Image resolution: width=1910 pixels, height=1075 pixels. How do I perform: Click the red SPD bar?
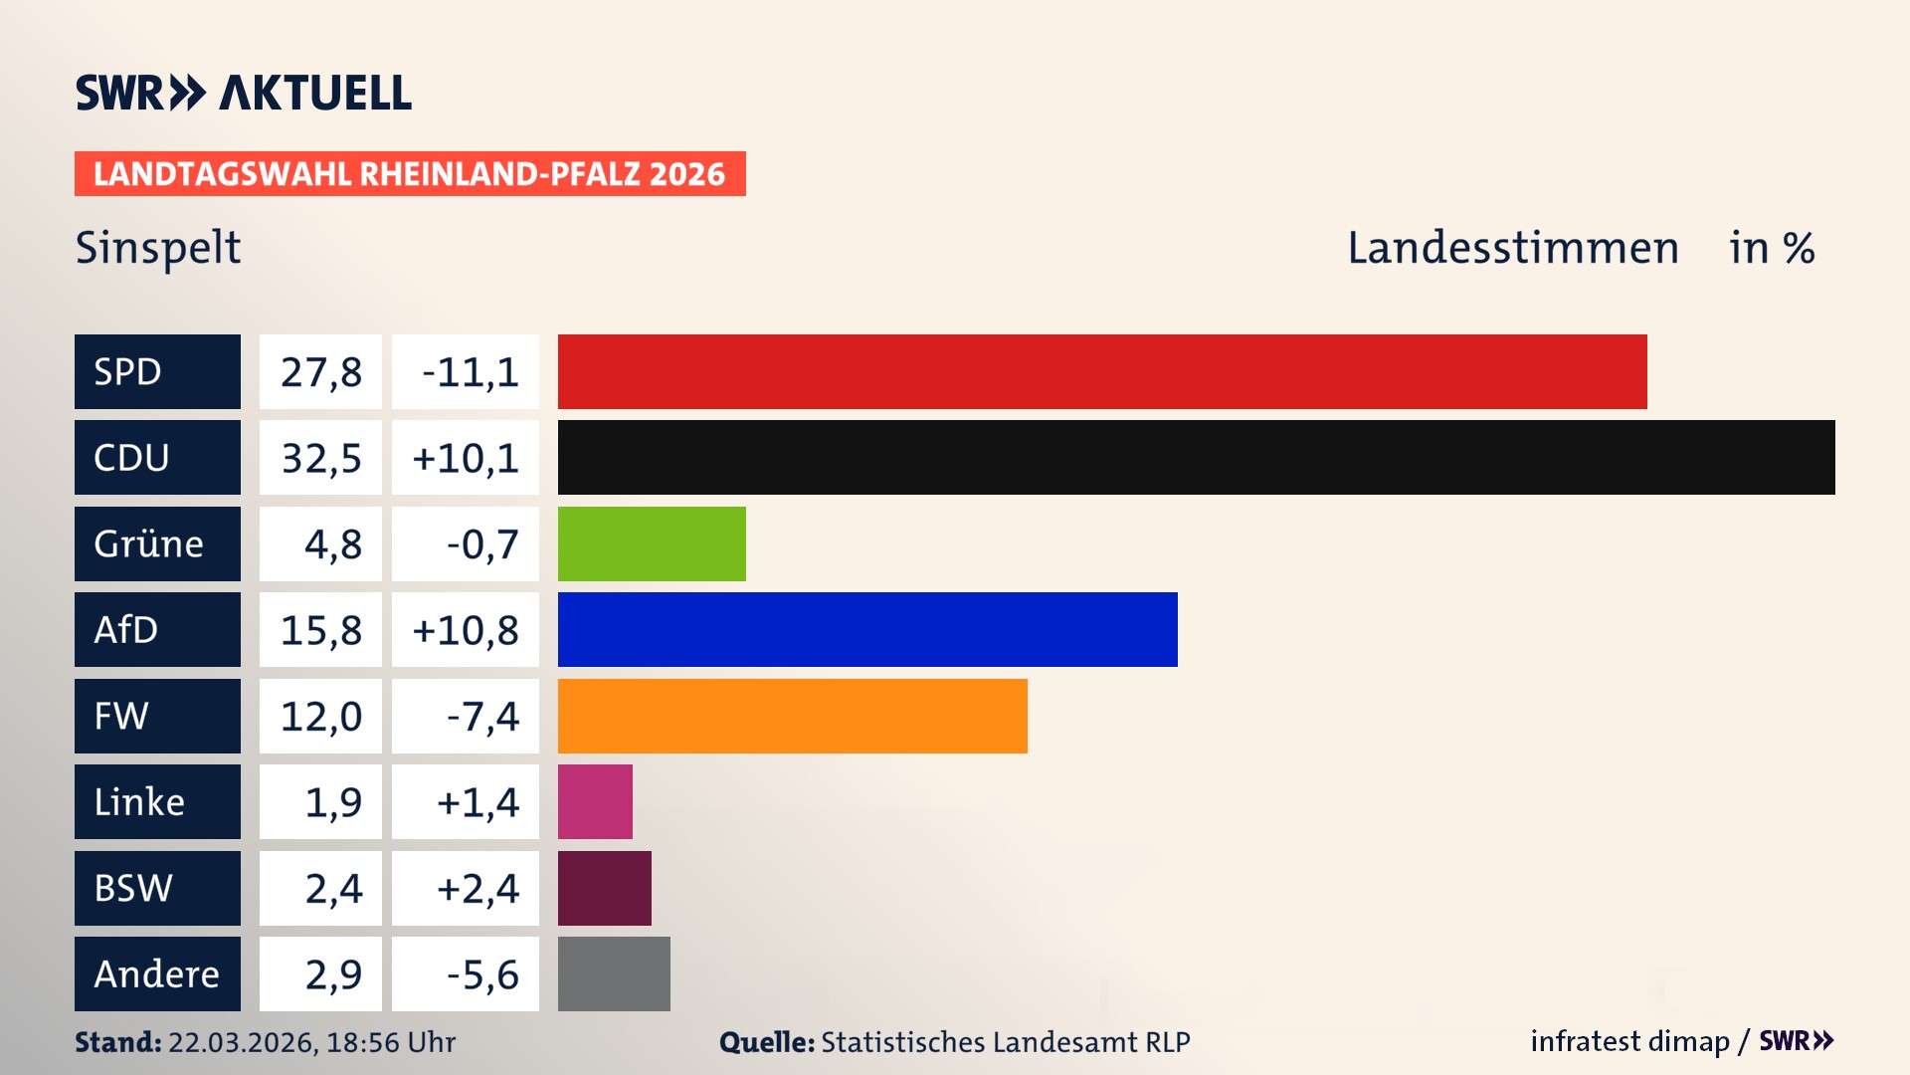click(1102, 371)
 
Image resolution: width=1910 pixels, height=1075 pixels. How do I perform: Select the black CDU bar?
click(1196, 457)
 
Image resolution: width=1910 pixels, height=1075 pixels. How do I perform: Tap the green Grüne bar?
click(652, 543)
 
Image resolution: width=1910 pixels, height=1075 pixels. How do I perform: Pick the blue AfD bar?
click(867, 629)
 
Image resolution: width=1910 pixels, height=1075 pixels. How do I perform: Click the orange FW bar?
click(792, 716)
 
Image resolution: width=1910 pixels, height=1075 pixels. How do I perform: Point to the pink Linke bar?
click(595, 801)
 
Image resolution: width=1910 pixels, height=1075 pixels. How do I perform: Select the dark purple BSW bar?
click(605, 888)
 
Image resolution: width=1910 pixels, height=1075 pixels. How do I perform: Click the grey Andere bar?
click(614, 973)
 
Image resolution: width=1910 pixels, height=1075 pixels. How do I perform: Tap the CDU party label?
click(157, 457)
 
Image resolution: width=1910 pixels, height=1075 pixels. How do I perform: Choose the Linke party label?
click(157, 801)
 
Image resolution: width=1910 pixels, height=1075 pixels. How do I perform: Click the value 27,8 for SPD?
click(320, 372)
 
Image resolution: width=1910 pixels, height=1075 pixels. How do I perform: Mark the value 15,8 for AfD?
click(320, 630)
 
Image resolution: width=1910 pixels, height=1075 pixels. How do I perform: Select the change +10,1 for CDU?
click(465, 458)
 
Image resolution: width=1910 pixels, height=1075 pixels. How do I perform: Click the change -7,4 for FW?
click(481, 716)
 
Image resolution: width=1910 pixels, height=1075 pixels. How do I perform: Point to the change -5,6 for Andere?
click(481, 974)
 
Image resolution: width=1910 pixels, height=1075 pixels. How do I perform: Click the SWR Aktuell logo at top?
click(243, 93)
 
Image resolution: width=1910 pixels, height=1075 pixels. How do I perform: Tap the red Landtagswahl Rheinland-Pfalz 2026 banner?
click(410, 174)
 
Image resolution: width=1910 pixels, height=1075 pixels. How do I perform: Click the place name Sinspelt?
click(158, 248)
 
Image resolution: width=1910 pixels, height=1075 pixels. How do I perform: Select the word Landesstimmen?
click(1512, 248)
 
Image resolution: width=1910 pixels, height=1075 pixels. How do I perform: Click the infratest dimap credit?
click(1629, 1041)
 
